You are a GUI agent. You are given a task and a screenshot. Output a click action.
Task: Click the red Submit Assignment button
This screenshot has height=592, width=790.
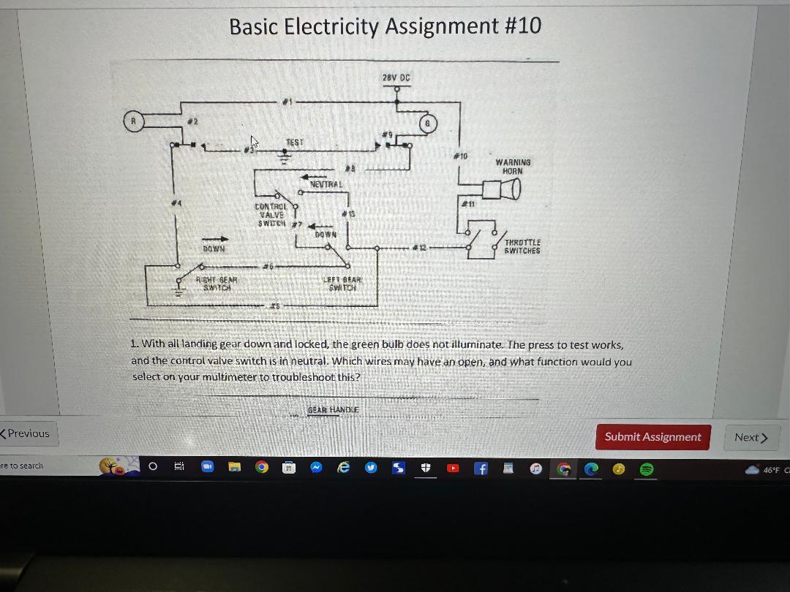coord(652,437)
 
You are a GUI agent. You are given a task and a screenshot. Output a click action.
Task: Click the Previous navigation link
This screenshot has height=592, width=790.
coord(26,433)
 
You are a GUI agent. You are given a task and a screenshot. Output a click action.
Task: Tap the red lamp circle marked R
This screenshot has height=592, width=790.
coord(132,121)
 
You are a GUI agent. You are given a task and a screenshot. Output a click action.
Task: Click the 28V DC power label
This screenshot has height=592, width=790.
coord(396,77)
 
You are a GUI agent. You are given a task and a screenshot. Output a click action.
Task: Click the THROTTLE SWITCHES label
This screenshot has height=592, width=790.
coord(522,246)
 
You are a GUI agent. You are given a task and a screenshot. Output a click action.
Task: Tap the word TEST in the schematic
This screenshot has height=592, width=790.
coord(294,143)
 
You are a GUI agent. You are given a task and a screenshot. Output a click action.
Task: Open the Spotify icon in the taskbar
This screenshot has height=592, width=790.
coord(646,468)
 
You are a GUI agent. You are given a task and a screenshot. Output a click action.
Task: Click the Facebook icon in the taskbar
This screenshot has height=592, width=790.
coord(481,468)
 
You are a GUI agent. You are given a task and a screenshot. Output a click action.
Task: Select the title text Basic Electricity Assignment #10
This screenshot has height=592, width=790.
coord(385,26)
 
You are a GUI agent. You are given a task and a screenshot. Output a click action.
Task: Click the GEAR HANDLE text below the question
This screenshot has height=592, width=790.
coord(333,410)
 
